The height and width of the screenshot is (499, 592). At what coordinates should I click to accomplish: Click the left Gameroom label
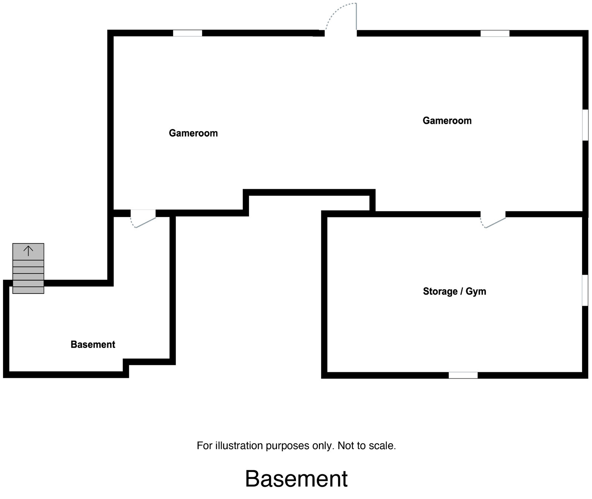coord(193,133)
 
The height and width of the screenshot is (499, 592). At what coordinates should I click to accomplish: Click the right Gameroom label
coord(447,120)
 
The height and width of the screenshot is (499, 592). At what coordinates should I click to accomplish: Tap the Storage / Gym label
coord(454,291)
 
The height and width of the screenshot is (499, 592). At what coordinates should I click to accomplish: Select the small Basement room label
coord(93,344)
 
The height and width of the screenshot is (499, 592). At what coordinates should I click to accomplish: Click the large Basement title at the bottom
coord(296,479)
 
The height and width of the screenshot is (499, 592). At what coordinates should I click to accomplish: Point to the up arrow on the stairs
coord(28,251)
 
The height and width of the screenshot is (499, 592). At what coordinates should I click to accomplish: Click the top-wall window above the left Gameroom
coord(188,33)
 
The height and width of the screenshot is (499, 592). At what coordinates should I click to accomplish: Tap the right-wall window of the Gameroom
coord(585,125)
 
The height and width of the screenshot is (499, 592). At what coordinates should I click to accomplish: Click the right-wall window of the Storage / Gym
coord(585,290)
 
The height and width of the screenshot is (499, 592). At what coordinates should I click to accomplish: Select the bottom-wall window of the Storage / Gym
coord(463,375)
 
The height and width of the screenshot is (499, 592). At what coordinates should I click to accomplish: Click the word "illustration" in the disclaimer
coord(240,446)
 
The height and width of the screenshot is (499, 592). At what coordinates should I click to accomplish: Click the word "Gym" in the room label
coord(476,291)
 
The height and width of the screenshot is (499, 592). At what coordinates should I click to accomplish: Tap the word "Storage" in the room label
coord(440,291)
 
